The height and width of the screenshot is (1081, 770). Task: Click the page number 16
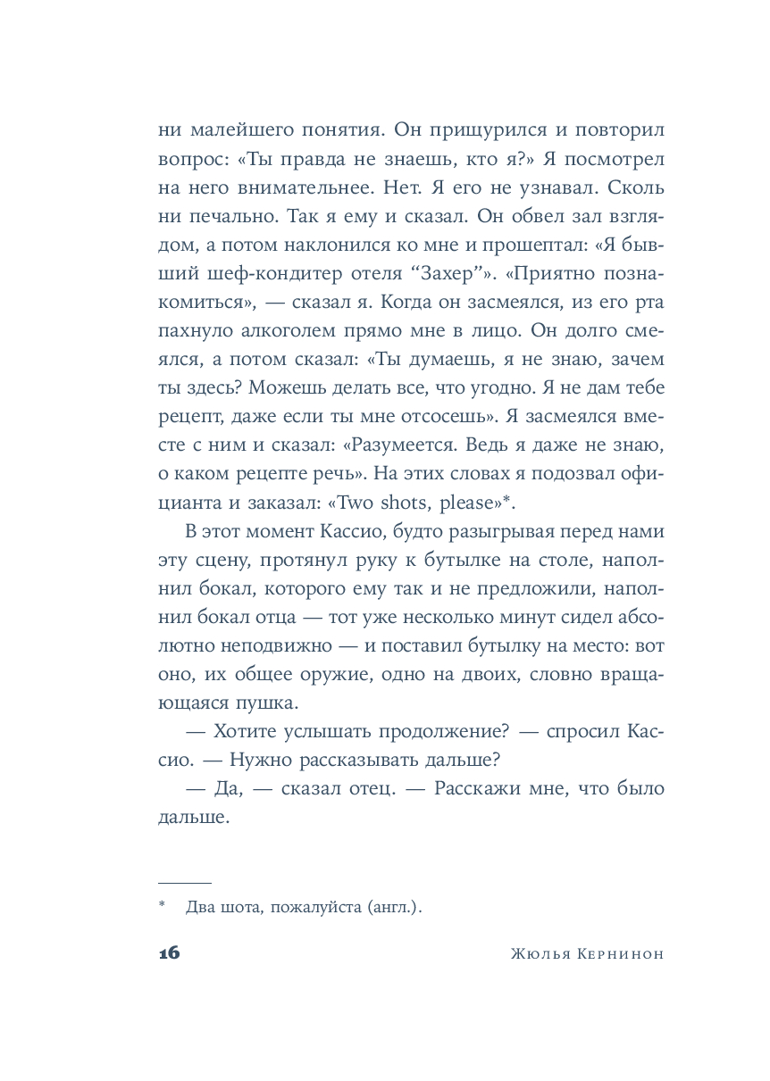[x=170, y=952]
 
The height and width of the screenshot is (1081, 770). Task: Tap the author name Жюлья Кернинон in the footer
[x=587, y=953]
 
